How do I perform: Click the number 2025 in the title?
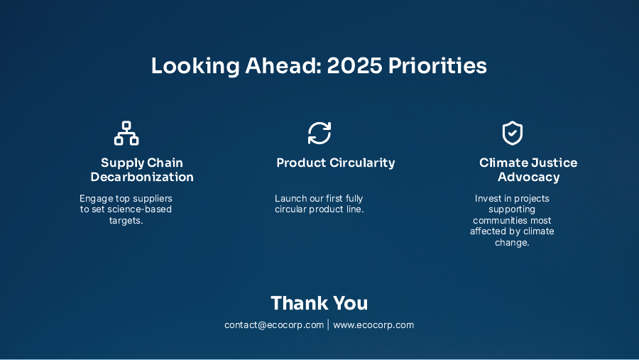click(354, 66)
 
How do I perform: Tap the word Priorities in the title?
click(437, 66)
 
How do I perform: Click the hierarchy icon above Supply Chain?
click(126, 133)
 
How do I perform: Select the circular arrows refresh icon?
click(319, 133)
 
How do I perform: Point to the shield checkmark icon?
click(512, 133)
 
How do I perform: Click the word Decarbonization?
click(142, 177)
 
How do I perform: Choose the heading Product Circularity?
click(335, 163)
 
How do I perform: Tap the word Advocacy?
click(528, 177)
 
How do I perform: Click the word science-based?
click(139, 209)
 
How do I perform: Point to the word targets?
click(126, 220)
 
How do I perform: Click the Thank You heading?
click(319, 303)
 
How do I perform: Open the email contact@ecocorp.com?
click(274, 325)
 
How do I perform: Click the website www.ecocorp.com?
click(373, 325)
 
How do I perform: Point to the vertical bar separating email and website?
click(329, 325)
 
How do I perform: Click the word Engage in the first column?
click(96, 198)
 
